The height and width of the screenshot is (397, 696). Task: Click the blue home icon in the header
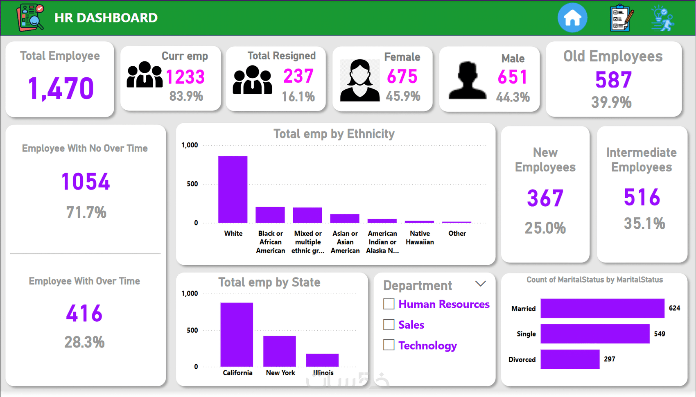(572, 18)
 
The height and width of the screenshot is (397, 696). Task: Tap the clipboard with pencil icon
(621, 18)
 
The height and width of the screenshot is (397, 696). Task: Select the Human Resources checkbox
(389, 304)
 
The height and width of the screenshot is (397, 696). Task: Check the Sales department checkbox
(389, 325)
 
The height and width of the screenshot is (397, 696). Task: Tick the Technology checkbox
(389, 345)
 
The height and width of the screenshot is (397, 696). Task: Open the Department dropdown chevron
(480, 284)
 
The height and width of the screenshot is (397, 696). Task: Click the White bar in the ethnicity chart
(233, 189)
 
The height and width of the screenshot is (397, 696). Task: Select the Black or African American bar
(270, 215)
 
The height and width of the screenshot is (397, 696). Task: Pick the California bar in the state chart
(237, 334)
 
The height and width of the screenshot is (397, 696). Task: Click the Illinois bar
(322, 360)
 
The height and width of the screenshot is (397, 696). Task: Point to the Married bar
(602, 308)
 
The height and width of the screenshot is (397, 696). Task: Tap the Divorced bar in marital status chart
(569, 359)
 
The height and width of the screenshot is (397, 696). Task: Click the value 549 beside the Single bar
(660, 334)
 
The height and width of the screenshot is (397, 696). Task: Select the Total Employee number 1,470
(61, 88)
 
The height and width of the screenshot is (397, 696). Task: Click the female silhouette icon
(359, 81)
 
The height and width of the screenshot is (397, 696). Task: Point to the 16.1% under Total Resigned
(298, 97)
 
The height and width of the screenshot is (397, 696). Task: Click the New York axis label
(280, 373)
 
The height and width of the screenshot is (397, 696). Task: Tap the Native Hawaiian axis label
(420, 238)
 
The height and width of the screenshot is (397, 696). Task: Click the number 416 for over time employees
(84, 314)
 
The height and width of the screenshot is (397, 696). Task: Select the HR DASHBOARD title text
(106, 18)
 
